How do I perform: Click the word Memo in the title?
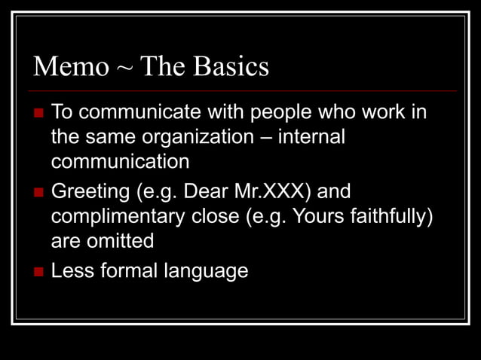[x=71, y=67]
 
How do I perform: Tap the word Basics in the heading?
[x=231, y=67]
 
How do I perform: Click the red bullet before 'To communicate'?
[x=39, y=114]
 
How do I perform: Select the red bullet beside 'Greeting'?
[x=39, y=192]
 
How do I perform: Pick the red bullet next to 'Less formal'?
[x=39, y=271]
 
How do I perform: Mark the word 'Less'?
[x=71, y=270]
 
